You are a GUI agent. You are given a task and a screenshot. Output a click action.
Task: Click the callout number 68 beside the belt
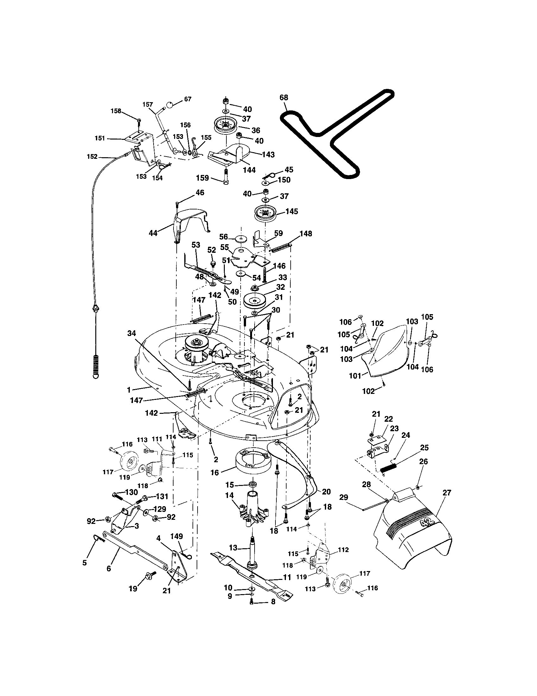284,97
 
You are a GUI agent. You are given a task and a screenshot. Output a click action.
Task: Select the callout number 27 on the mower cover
447,493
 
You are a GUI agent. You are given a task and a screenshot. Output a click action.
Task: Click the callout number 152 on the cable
92,157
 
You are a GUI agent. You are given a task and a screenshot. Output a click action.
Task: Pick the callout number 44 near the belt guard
153,233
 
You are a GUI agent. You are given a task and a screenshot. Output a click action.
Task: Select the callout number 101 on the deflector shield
355,376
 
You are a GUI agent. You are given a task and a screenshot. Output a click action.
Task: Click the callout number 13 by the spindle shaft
233,548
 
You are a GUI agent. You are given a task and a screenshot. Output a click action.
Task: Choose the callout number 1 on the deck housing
129,389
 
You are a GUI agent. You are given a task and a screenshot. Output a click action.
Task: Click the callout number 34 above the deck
131,333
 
